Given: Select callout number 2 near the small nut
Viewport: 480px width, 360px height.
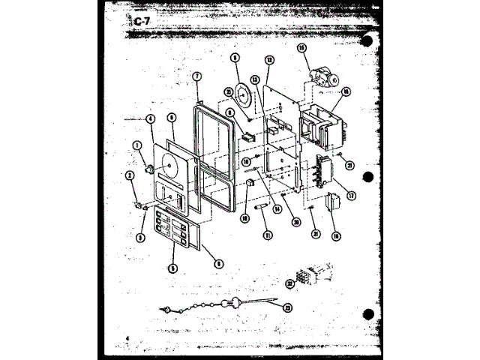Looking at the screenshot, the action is click(130, 175).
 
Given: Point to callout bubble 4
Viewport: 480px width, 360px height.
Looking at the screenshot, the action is click(151, 118).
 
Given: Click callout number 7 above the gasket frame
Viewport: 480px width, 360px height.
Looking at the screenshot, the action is click(196, 76).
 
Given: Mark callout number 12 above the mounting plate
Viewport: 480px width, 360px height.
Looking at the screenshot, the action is click(268, 60).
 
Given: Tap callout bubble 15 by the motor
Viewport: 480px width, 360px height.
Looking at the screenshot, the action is click(302, 49).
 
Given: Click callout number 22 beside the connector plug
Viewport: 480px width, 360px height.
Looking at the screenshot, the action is click(289, 282).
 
